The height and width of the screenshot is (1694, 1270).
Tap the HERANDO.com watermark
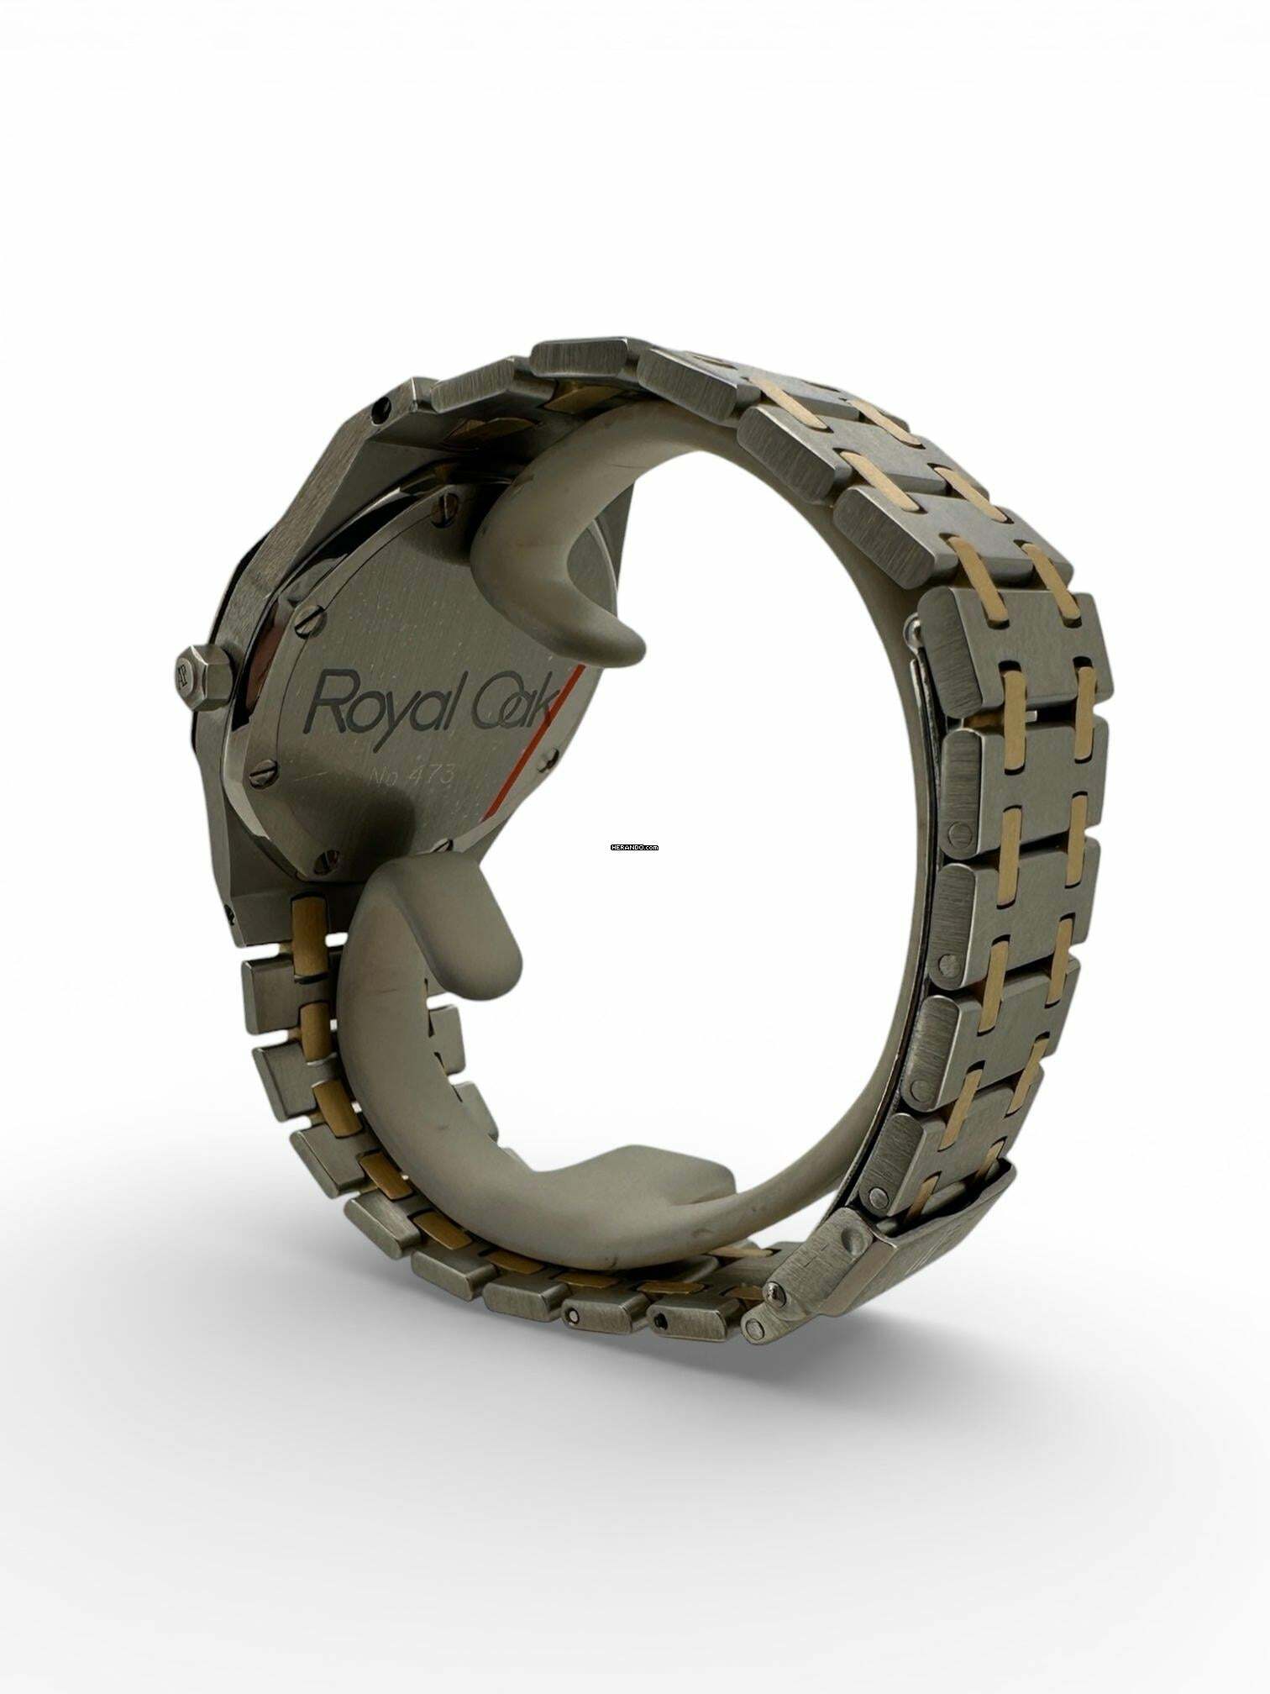tap(634, 848)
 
